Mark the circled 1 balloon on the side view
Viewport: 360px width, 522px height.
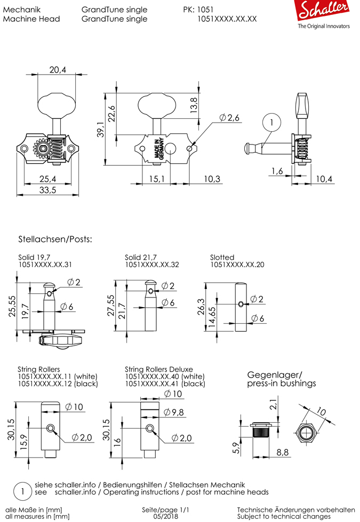pos(271,123)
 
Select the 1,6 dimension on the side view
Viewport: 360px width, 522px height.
pos(277,171)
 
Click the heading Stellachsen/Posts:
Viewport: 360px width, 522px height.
pos(55,239)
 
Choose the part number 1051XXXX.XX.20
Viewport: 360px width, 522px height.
pos(237,264)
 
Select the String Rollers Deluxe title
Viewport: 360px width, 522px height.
pos(159,369)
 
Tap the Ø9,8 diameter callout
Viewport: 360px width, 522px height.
pos(174,412)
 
